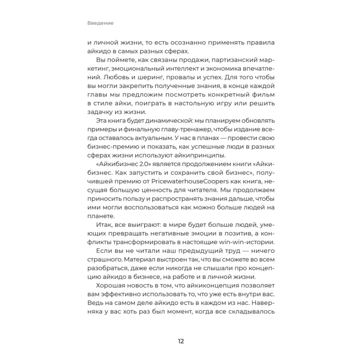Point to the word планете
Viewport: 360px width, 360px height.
(x=100, y=216)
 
